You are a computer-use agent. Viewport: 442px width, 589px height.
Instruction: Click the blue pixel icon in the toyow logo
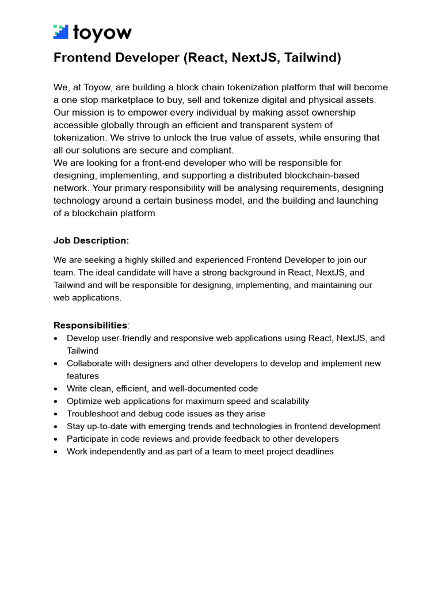click(x=61, y=32)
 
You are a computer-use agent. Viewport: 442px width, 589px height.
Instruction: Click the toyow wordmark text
click(x=102, y=33)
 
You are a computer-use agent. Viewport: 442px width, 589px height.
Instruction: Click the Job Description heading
click(x=91, y=240)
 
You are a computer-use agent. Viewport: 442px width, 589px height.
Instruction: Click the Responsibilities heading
click(x=90, y=326)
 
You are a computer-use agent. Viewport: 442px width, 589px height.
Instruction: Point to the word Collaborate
click(x=91, y=364)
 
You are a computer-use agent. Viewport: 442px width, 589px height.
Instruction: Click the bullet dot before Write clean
click(x=55, y=389)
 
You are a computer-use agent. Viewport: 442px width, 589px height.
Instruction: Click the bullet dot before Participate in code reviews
click(x=55, y=439)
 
